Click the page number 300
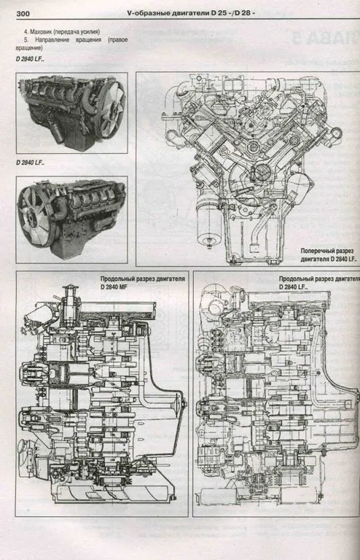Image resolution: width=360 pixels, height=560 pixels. click(23, 14)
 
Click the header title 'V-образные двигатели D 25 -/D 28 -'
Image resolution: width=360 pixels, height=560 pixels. click(191, 14)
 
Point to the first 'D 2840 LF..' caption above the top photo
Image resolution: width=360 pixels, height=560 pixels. click(30, 59)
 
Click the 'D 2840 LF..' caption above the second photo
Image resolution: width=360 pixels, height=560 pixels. click(30, 163)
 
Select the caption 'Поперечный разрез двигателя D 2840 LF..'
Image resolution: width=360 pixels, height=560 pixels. click(328, 255)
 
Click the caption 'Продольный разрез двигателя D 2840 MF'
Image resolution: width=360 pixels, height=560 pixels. click(142, 282)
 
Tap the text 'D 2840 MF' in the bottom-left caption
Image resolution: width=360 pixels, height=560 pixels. click(114, 287)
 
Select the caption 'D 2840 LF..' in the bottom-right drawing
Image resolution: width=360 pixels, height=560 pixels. click(293, 287)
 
